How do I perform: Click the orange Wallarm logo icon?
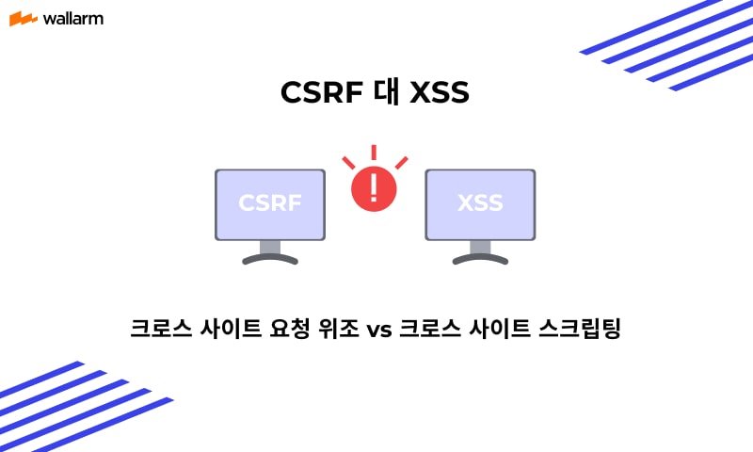(23, 19)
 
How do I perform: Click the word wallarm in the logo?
(73, 19)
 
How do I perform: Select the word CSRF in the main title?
(321, 91)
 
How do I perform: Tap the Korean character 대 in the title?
(387, 91)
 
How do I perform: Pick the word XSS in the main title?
(440, 91)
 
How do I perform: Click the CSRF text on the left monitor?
(270, 202)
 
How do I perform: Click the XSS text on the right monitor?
(480, 202)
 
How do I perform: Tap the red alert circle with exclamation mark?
(374, 188)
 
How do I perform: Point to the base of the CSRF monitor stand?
(270, 259)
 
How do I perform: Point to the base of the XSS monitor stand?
(480, 259)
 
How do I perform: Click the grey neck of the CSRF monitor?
(270, 247)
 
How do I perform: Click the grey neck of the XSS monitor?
(480, 247)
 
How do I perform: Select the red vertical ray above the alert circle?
(374, 153)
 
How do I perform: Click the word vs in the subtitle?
(379, 330)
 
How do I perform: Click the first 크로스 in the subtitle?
(161, 328)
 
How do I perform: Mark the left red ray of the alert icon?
(348, 163)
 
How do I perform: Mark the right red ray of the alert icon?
(402, 163)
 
